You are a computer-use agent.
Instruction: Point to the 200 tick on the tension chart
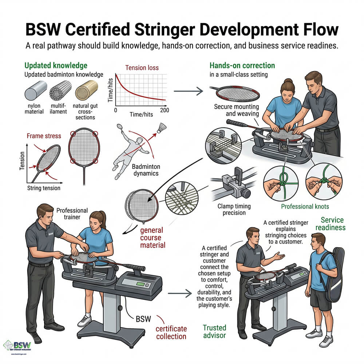(165, 110)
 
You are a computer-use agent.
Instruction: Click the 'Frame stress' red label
(44, 136)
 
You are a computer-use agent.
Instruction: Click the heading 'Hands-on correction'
(242, 66)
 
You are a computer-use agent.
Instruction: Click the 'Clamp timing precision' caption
(234, 209)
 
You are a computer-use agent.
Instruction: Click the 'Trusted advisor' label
(214, 332)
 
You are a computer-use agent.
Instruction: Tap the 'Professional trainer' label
(72, 214)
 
